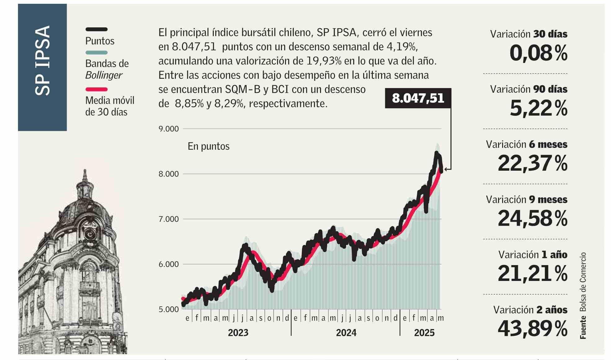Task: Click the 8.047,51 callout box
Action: (418, 98)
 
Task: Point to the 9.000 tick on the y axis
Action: (169, 129)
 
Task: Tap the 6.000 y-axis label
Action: (169, 264)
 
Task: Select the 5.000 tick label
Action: (169, 309)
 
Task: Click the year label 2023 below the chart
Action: (238, 333)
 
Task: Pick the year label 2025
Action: (424, 333)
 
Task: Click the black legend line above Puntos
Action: (96, 29)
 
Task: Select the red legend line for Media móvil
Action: (96, 89)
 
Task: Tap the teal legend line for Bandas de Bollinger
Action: (96, 53)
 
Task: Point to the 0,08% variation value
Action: (538, 53)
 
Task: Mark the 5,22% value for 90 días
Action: (538, 108)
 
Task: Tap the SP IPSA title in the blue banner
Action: (42, 60)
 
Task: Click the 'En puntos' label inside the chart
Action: (208, 146)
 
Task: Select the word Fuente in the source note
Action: (583, 327)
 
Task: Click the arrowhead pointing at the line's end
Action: (446, 169)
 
